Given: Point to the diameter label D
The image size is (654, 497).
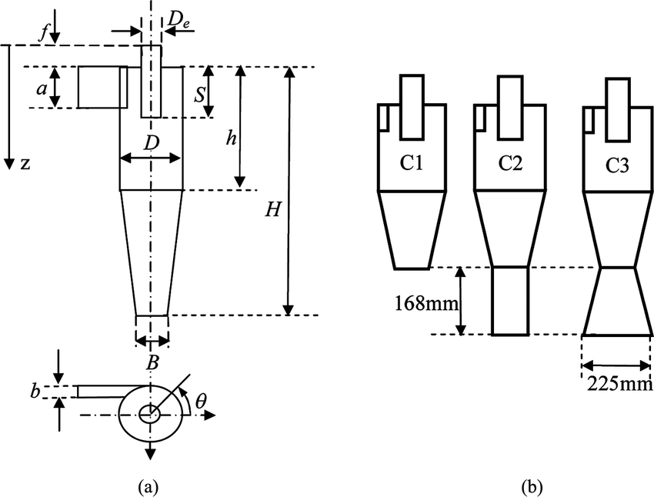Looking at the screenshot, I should click(x=151, y=143).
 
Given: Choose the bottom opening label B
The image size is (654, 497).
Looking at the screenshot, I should click(x=152, y=364).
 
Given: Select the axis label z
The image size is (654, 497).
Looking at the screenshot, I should click(x=26, y=164).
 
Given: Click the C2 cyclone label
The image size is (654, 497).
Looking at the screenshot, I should click(x=509, y=162).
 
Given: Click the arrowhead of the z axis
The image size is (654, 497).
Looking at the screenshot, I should click(x=9, y=164).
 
